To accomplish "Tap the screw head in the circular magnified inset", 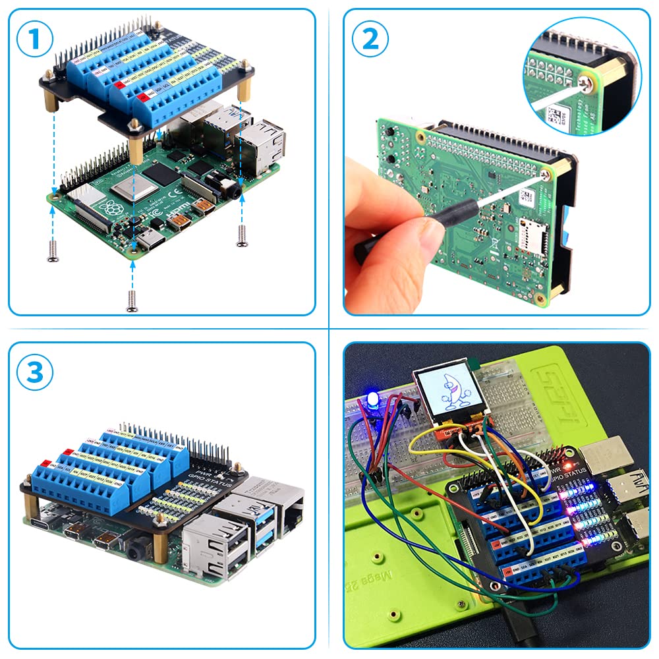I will [585, 83].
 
